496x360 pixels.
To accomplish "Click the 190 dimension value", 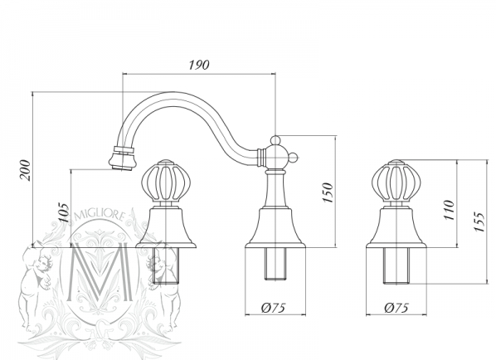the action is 199,65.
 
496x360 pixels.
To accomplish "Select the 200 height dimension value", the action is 25,171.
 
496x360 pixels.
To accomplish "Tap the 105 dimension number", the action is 64,212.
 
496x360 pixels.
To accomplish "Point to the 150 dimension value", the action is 328,192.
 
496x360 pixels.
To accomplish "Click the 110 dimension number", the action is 450,210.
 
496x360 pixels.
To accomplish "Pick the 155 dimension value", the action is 479,221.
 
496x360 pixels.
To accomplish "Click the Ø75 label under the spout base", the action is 274,308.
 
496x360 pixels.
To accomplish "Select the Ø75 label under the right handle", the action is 396,308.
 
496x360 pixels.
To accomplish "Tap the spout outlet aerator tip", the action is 123,158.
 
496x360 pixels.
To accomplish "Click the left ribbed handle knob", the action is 166,182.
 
